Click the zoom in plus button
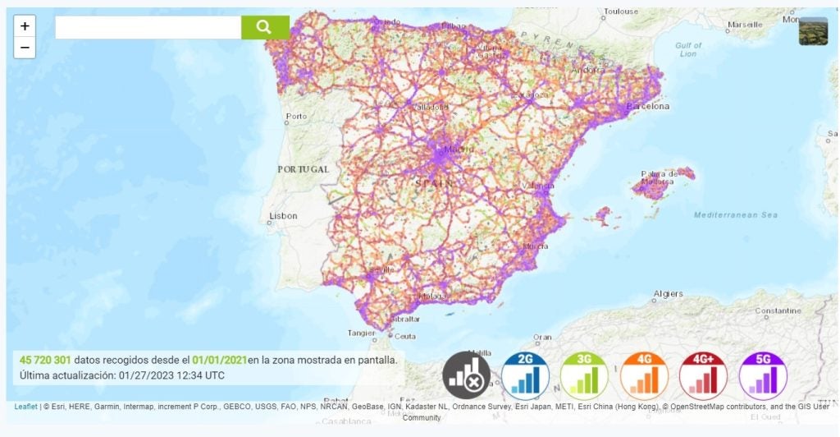click(x=25, y=26)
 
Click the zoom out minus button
click(x=25, y=48)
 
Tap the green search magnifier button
click(x=264, y=27)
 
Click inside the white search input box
click(x=148, y=27)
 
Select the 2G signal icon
click(x=526, y=376)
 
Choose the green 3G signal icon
click(x=585, y=376)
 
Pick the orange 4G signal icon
click(x=644, y=376)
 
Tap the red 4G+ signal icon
click(x=703, y=376)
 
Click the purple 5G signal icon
click(x=763, y=376)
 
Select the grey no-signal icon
click(x=466, y=376)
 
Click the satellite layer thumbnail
click(x=813, y=30)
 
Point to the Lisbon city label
click(x=283, y=216)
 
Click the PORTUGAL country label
click(x=303, y=169)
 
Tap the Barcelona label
click(x=648, y=107)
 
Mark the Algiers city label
click(x=669, y=294)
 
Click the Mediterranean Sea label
click(x=735, y=215)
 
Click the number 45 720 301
click(x=45, y=360)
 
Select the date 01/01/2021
click(x=219, y=360)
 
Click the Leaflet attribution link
click(x=25, y=407)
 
